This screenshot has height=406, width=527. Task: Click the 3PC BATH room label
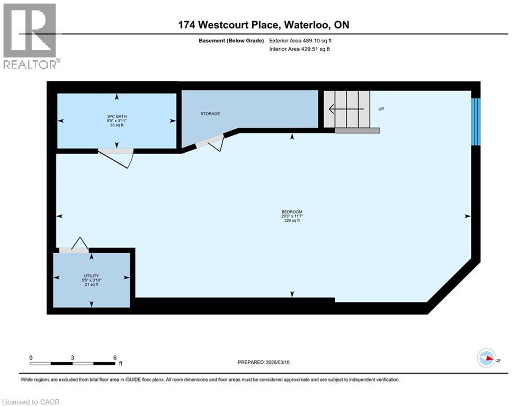117,116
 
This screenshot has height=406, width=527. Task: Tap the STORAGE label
210,114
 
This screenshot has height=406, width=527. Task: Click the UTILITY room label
91,276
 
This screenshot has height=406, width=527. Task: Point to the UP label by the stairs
380,109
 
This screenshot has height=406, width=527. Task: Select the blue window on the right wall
476,122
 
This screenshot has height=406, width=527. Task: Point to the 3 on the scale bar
72,357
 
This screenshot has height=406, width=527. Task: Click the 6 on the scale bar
115,357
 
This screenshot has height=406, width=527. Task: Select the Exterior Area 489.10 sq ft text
301,40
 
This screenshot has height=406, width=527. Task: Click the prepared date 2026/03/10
263,362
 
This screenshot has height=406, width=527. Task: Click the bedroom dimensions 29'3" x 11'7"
292,216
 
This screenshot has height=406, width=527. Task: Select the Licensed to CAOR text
31,402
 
